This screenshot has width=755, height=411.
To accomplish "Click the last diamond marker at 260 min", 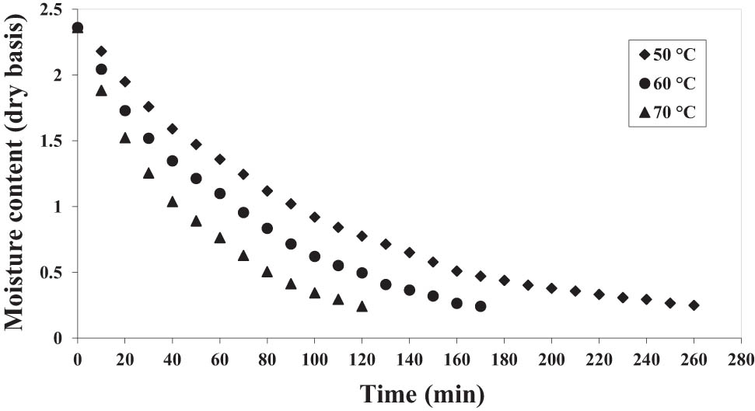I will pyautogui.click(x=694, y=305).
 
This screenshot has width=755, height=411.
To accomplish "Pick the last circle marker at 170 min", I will pyautogui.click(x=481, y=306).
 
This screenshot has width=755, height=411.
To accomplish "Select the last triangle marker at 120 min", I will pyautogui.click(x=362, y=306).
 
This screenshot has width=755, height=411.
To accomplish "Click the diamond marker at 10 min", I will pyautogui.click(x=101, y=51).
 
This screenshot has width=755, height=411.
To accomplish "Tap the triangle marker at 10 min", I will pyautogui.click(x=101, y=91).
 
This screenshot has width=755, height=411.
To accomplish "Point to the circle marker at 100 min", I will pyautogui.click(x=314, y=256).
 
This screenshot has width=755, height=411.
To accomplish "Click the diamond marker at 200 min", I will pyautogui.click(x=551, y=288).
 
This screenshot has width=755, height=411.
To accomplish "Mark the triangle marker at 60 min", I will pyautogui.click(x=220, y=238).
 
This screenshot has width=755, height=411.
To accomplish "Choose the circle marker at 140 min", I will pyautogui.click(x=409, y=290).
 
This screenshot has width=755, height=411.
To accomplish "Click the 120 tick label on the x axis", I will pyautogui.click(x=362, y=360).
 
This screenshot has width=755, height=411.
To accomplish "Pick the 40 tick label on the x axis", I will pyautogui.click(x=172, y=360).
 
